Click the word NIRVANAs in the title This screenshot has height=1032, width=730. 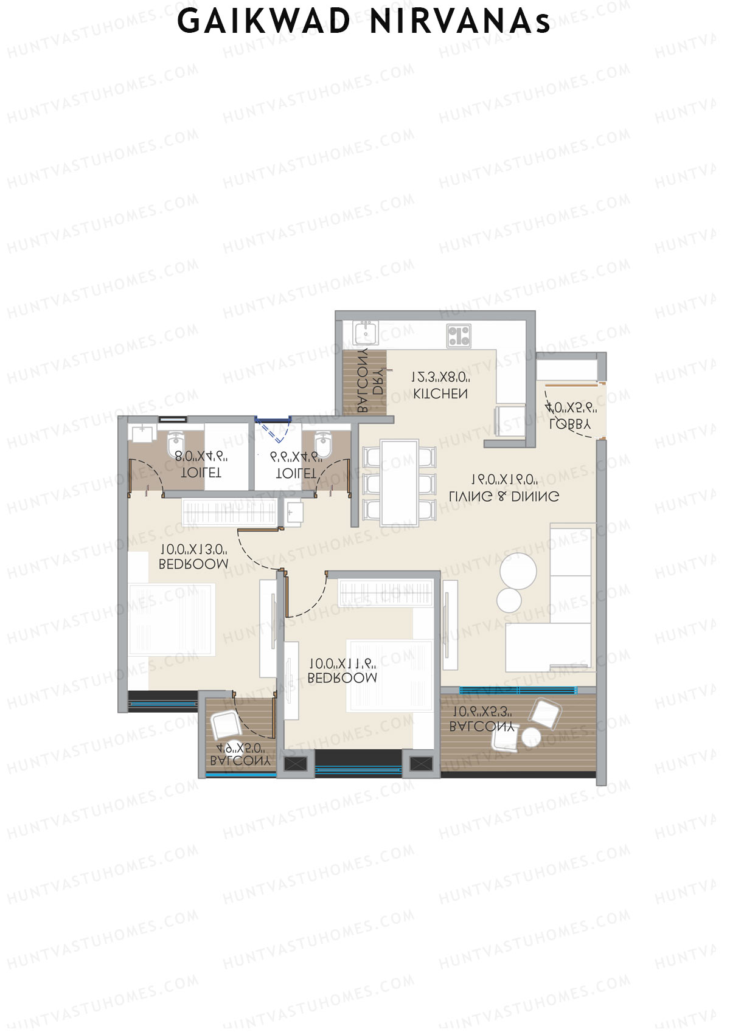460,21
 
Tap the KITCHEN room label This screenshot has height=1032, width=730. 440,393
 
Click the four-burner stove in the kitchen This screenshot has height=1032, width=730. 459,336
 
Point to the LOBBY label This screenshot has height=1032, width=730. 569,424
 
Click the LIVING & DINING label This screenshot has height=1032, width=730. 504,496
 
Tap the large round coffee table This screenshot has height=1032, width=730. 518,570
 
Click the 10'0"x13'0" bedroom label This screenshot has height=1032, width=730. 193,563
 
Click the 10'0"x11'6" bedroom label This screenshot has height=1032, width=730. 342,677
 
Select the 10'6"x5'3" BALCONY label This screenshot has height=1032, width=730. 482,726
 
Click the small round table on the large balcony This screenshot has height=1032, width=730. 531,737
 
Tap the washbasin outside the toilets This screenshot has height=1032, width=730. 294,512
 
